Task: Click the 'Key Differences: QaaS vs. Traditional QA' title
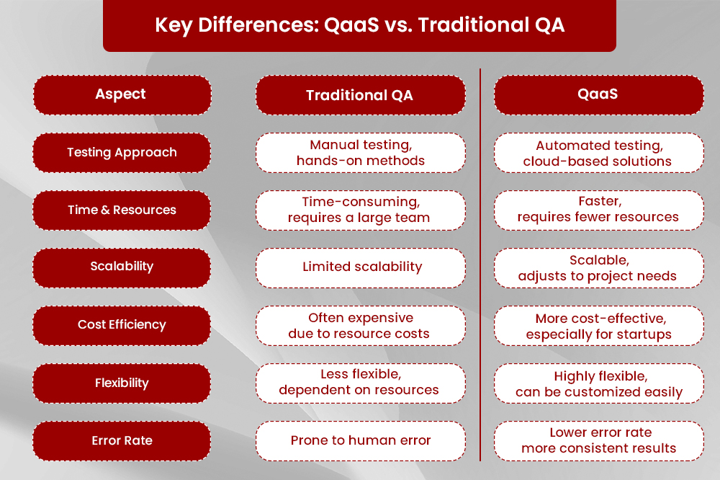point(359,25)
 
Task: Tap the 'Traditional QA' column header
point(361,95)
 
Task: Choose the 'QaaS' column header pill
point(599,95)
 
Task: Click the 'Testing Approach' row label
point(122,153)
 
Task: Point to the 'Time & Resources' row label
point(122,210)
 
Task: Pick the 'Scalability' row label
point(122,268)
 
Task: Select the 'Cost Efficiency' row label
point(122,326)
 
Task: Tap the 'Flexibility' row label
point(122,383)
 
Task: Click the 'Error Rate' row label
point(122,441)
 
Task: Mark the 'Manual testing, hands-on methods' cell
point(361,153)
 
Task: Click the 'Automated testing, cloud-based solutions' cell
point(599,153)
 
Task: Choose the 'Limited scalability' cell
point(361,268)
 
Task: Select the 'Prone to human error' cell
point(361,441)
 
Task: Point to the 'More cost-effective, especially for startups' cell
point(599,326)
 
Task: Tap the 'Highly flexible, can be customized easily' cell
point(599,383)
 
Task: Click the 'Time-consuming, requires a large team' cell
point(361,210)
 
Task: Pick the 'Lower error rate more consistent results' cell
point(599,441)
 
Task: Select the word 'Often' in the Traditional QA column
point(326,318)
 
